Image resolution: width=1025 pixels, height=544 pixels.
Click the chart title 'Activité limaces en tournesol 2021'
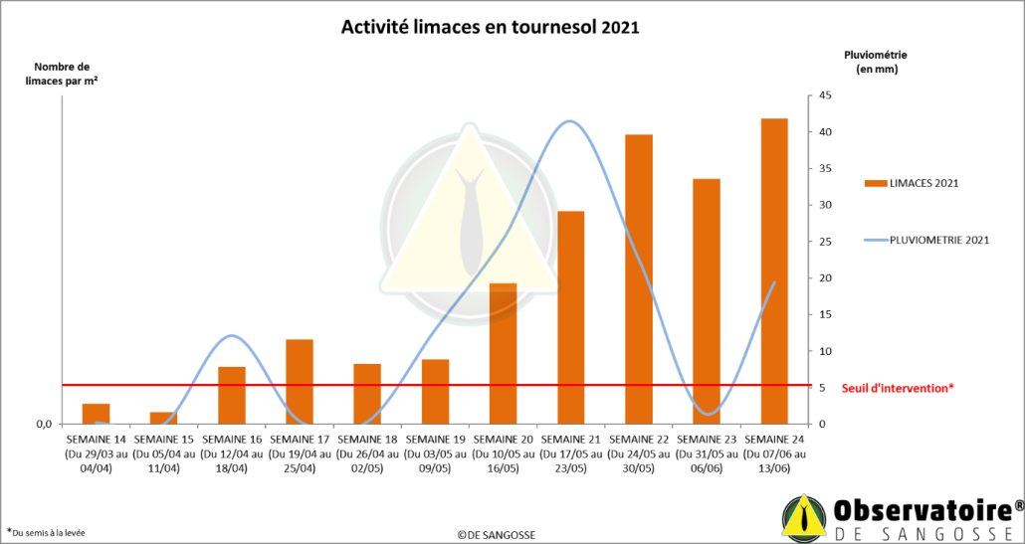490,27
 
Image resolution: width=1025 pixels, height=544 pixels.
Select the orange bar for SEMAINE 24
774,271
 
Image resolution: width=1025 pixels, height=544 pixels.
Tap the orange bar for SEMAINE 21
570,317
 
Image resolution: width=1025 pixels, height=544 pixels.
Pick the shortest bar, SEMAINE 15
163,418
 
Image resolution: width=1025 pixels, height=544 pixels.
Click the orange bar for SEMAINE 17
300,381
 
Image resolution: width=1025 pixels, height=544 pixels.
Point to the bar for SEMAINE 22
639,278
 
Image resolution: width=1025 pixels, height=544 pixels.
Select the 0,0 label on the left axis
44,425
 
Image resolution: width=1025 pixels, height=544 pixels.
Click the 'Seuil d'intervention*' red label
898,388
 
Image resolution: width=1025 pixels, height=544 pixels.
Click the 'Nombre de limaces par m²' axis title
61,74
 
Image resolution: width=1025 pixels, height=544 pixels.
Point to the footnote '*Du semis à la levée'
46,532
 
